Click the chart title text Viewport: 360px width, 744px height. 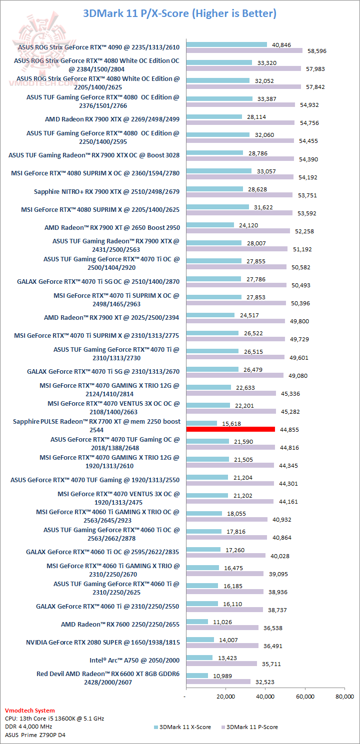179,13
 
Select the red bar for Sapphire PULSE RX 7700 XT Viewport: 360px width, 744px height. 230,429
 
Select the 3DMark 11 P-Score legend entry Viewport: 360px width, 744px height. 252,727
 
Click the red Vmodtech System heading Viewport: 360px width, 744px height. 30,710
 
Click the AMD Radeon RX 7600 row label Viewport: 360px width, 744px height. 120,624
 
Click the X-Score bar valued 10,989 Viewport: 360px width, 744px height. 196,676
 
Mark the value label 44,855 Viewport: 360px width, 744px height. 289,429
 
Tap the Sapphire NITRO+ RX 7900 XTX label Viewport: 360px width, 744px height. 106,191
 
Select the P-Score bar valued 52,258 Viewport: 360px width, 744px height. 238,231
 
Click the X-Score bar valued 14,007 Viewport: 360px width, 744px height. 199,640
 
